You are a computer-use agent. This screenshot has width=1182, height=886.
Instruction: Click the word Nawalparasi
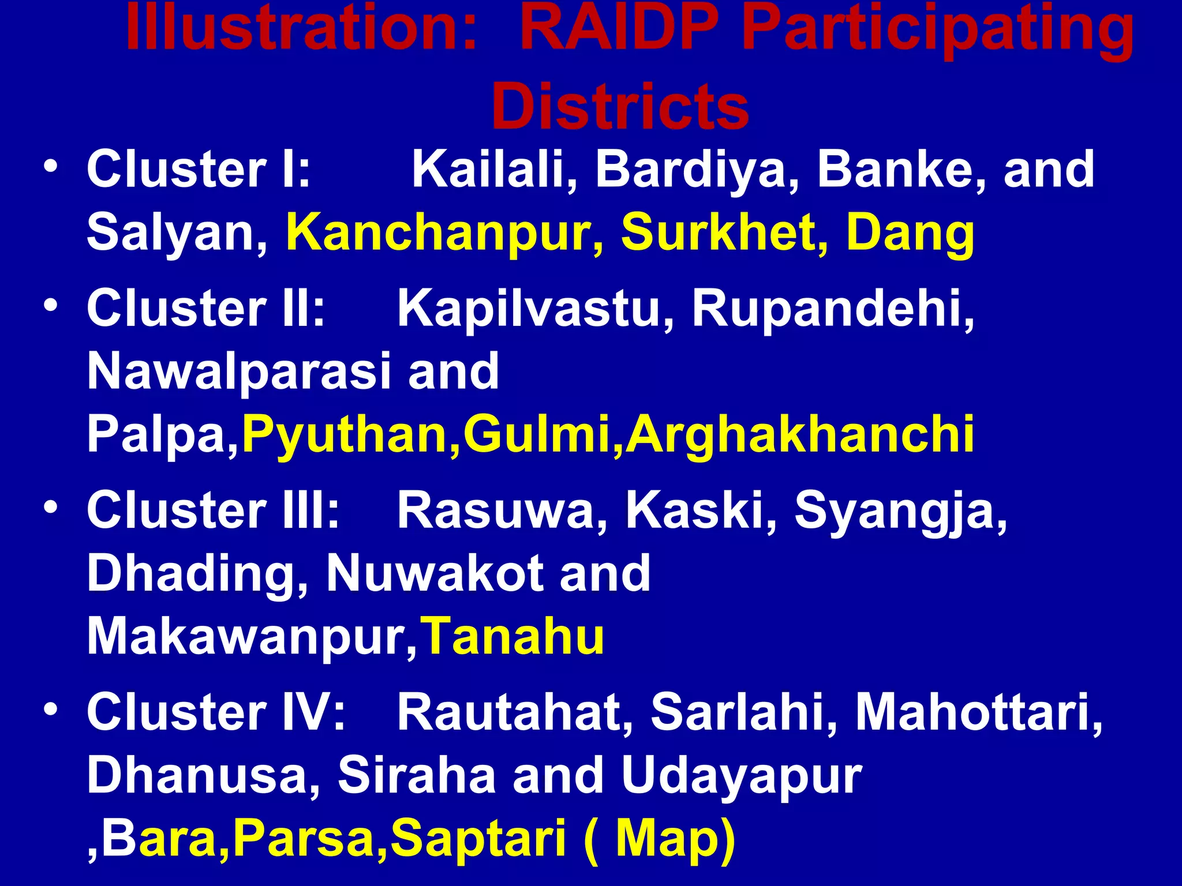[x=239, y=372]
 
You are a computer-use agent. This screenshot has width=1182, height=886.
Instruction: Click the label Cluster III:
[x=213, y=510]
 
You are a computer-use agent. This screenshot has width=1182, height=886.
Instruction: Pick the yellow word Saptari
[x=478, y=840]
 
